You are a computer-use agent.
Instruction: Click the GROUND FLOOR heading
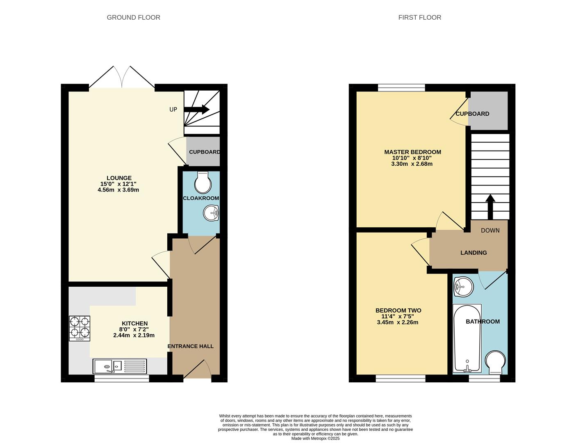point(133,18)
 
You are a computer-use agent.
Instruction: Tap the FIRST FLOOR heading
point(420,18)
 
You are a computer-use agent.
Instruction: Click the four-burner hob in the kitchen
point(80,329)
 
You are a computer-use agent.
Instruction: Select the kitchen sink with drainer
point(120,366)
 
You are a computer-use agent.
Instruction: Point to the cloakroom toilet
point(203,183)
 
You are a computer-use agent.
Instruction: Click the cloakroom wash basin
point(211,212)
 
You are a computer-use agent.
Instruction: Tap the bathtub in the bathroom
point(467,338)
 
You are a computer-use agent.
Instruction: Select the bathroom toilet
point(495,362)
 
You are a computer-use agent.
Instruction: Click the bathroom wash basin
point(463,287)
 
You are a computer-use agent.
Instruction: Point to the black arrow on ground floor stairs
point(197,110)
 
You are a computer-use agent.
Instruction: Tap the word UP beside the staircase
point(173,110)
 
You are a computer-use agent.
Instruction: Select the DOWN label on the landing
point(490,231)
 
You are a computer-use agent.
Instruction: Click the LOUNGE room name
point(119,178)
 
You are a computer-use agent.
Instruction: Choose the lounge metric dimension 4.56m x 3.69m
point(118,190)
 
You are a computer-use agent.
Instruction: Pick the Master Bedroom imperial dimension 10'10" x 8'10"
point(412,158)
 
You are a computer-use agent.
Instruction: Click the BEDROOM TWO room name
point(398,310)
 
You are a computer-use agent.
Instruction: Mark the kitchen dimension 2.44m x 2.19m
point(134,336)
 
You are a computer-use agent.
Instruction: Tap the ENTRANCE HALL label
point(190,346)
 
